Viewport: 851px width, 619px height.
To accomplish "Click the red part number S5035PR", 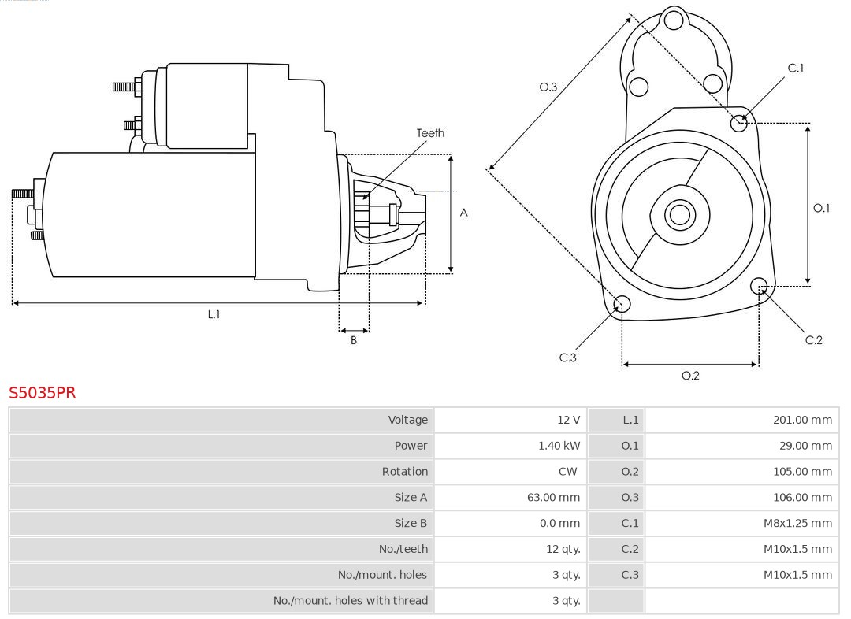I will coord(43,392).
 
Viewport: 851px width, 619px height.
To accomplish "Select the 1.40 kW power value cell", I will coord(559,446).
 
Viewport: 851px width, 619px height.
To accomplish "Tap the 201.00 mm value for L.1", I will coord(801,420).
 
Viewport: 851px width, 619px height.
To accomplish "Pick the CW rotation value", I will coord(567,472).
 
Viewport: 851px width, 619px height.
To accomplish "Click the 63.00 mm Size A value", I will coord(553,498).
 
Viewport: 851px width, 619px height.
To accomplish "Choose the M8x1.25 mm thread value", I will coord(797,523).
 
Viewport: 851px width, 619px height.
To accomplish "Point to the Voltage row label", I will coord(407,420).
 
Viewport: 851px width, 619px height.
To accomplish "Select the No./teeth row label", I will coord(403,549).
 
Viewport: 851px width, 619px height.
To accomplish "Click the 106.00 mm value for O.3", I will coord(801,498).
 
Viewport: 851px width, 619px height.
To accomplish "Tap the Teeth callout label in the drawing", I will coord(430,133).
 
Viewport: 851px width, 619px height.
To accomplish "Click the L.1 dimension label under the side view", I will coord(214,314).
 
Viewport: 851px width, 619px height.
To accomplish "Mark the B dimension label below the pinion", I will coord(354,341).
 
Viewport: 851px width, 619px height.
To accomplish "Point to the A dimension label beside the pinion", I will coord(464,213).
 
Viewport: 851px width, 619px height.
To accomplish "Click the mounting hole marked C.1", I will coord(739,122).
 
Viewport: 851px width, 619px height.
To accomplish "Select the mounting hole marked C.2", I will coord(759,285).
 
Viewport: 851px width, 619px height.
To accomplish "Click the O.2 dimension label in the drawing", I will coord(690,376).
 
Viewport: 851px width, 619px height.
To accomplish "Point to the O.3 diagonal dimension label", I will coord(548,87).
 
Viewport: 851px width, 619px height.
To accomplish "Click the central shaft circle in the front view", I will coord(678,214).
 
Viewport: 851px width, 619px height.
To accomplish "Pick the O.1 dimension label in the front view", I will coord(821,208).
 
